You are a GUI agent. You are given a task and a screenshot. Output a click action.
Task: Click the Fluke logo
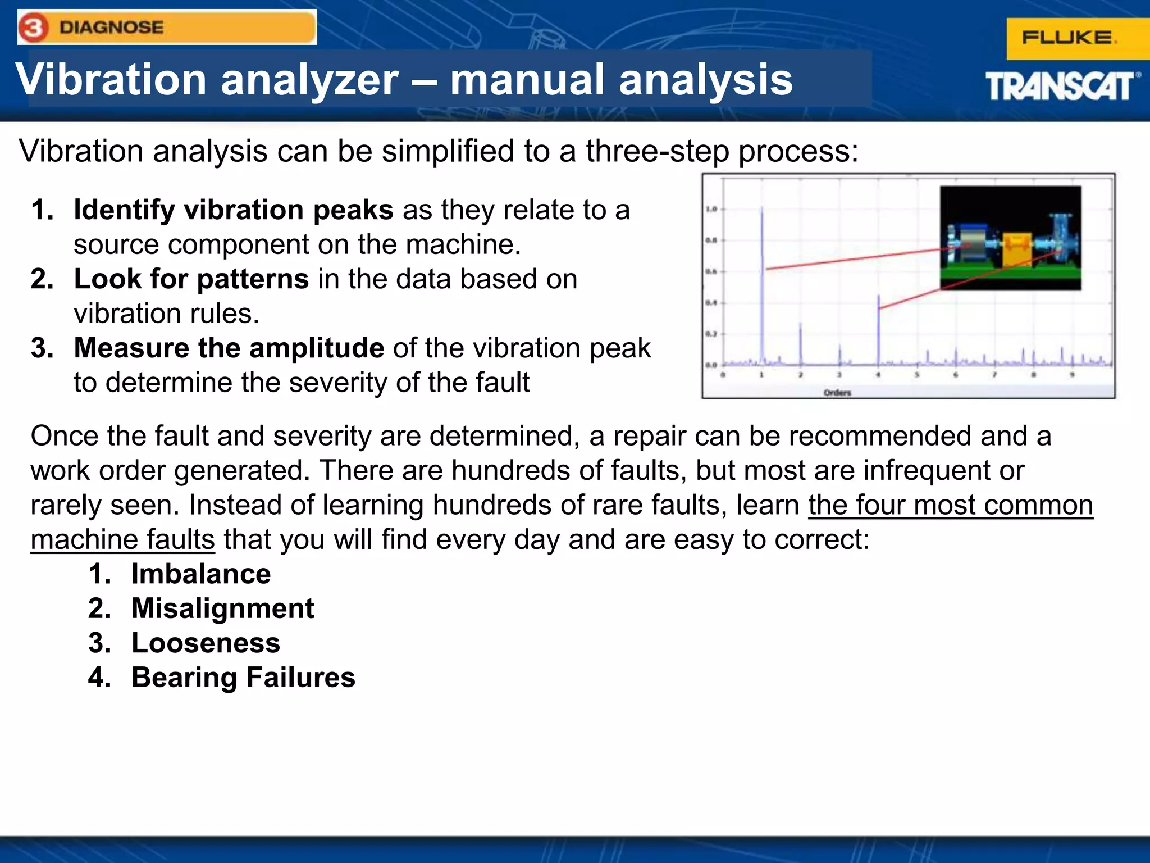coord(1069,38)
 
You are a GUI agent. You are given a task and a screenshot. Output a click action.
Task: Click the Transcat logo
coord(1061,87)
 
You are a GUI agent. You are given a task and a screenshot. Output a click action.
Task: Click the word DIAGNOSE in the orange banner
coord(111,28)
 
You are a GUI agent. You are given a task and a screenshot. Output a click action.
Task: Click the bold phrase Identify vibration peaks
coord(233,210)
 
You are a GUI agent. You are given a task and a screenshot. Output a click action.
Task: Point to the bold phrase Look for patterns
coord(191,279)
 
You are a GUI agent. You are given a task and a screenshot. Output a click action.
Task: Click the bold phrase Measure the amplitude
coord(229,348)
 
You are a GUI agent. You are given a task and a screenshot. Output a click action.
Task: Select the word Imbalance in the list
coord(201,574)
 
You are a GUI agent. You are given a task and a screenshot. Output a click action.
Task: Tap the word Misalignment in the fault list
coord(222,608)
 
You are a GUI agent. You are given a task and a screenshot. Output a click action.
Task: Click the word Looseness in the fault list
coord(206,643)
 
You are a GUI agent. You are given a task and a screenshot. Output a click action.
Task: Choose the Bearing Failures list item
coord(243,678)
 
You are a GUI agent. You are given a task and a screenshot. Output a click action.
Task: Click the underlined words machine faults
coord(122,540)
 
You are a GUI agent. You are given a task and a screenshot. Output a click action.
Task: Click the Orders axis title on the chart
coord(837,393)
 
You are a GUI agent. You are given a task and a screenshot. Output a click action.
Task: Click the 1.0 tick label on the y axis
coord(711,209)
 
